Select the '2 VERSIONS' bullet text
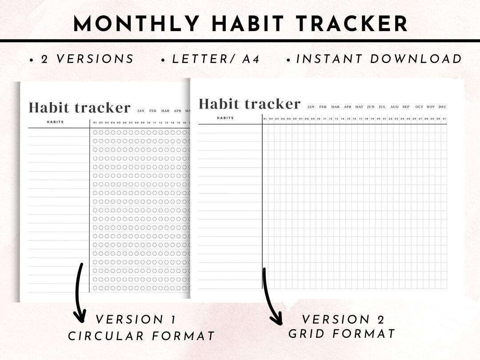[x=87, y=59]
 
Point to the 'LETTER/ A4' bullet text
[x=216, y=59]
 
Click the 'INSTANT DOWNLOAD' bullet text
[x=379, y=59]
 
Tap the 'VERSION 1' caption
[x=136, y=320]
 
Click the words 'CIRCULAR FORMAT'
[x=141, y=336]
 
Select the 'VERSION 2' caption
[x=343, y=319]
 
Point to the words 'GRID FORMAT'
[x=342, y=334]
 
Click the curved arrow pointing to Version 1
[x=79, y=293]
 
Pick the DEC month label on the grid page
[x=442, y=107]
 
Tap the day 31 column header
[x=444, y=119]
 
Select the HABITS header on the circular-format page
[x=55, y=122]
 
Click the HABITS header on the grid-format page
[x=225, y=118]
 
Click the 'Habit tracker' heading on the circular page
[x=80, y=108]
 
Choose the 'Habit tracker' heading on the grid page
[x=249, y=104]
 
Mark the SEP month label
[x=406, y=107]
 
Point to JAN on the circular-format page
[x=141, y=111]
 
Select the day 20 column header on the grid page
[x=378, y=119]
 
